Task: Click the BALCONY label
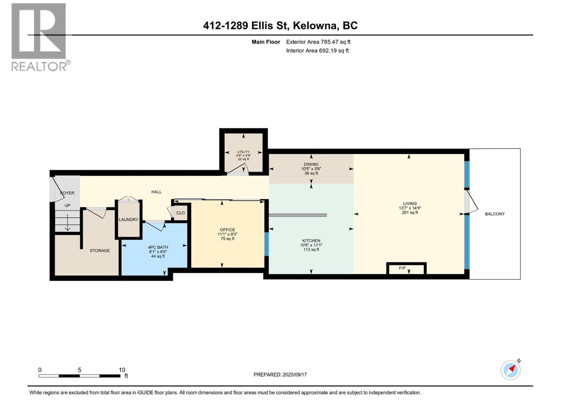click(x=494, y=214)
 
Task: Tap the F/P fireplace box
click(x=406, y=268)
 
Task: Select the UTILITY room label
click(x=243, y=152)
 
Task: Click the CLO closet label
click(x=181, y=213)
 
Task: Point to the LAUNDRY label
click(x=128, y=219)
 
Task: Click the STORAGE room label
click(x=100, y=251)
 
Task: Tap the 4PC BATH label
click(x=158, y=247)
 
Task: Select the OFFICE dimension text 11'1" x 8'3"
click(x=228, y=234)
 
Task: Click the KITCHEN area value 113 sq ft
click(x=311, y=250)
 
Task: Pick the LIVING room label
click(x=410, y=203)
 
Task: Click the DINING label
click(x=311, y=164)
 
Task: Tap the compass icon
click(x=511, y=370)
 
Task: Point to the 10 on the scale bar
click(x=122, y=370)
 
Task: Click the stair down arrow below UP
click(x=67, y=222)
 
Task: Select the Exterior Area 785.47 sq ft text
click(x=318, y=42)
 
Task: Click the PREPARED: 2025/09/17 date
click(x=280, y=374)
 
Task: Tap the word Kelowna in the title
click(x=315, y=26)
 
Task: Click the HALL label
click(x=156, y=192)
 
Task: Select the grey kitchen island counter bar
click(x=298, y=215)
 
